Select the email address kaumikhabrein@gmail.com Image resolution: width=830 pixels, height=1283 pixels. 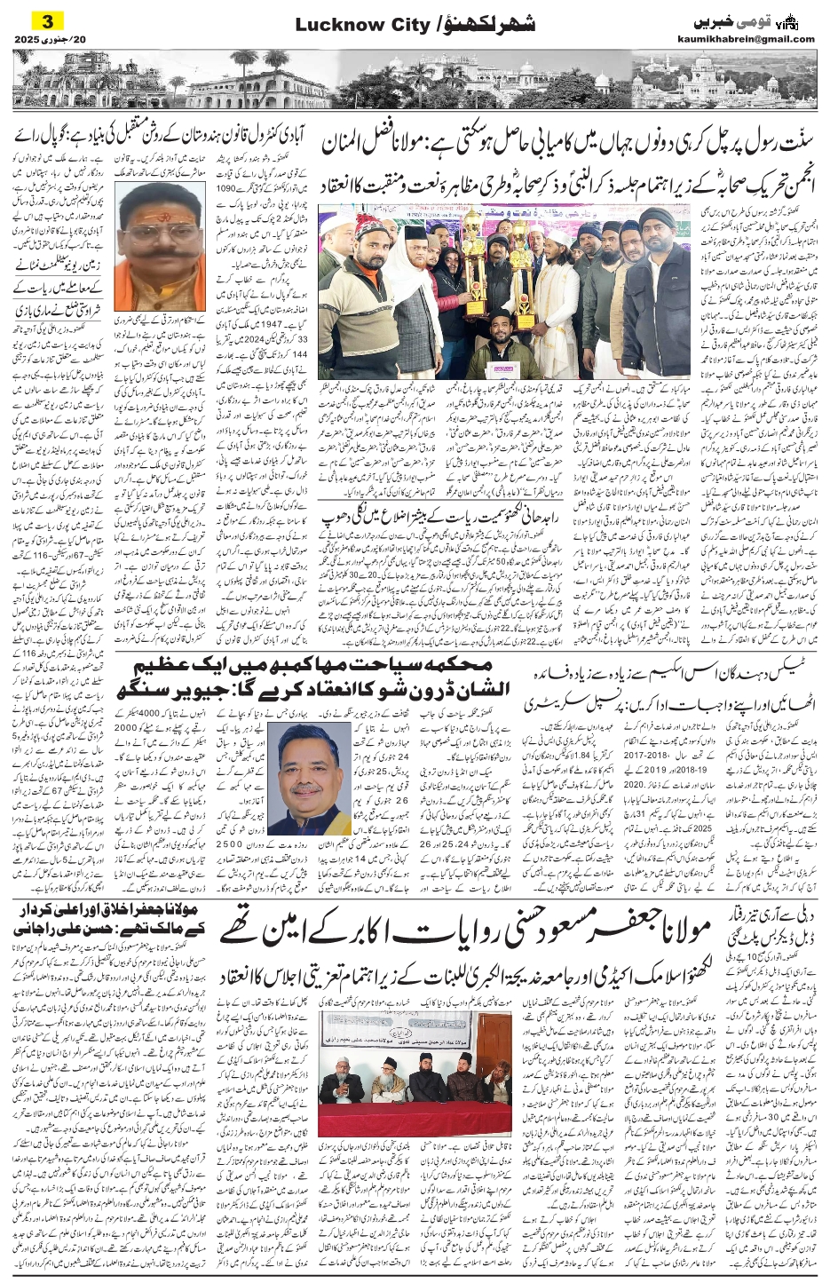(x=756, y=38)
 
